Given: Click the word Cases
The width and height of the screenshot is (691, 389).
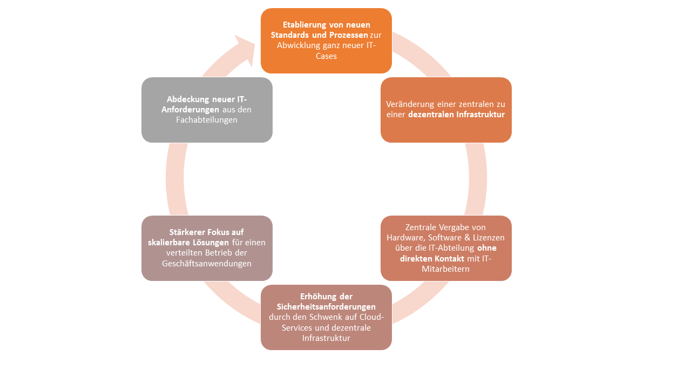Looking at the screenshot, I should [326, 56].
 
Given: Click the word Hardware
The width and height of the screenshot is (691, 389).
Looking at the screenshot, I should [406, 237].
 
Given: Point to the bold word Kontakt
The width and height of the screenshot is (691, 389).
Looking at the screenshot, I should [446, 258].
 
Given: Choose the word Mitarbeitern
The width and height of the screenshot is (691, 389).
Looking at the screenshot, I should [446, 269].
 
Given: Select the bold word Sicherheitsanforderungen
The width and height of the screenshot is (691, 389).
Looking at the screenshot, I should [326, 306].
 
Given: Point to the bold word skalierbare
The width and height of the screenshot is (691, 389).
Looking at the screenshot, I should [171, 243].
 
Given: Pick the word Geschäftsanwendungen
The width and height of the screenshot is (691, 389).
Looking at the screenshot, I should [207, 264].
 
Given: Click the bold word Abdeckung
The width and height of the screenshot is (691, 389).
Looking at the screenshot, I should [188, 99].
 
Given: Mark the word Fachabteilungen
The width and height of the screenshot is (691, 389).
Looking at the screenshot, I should [207, 120].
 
